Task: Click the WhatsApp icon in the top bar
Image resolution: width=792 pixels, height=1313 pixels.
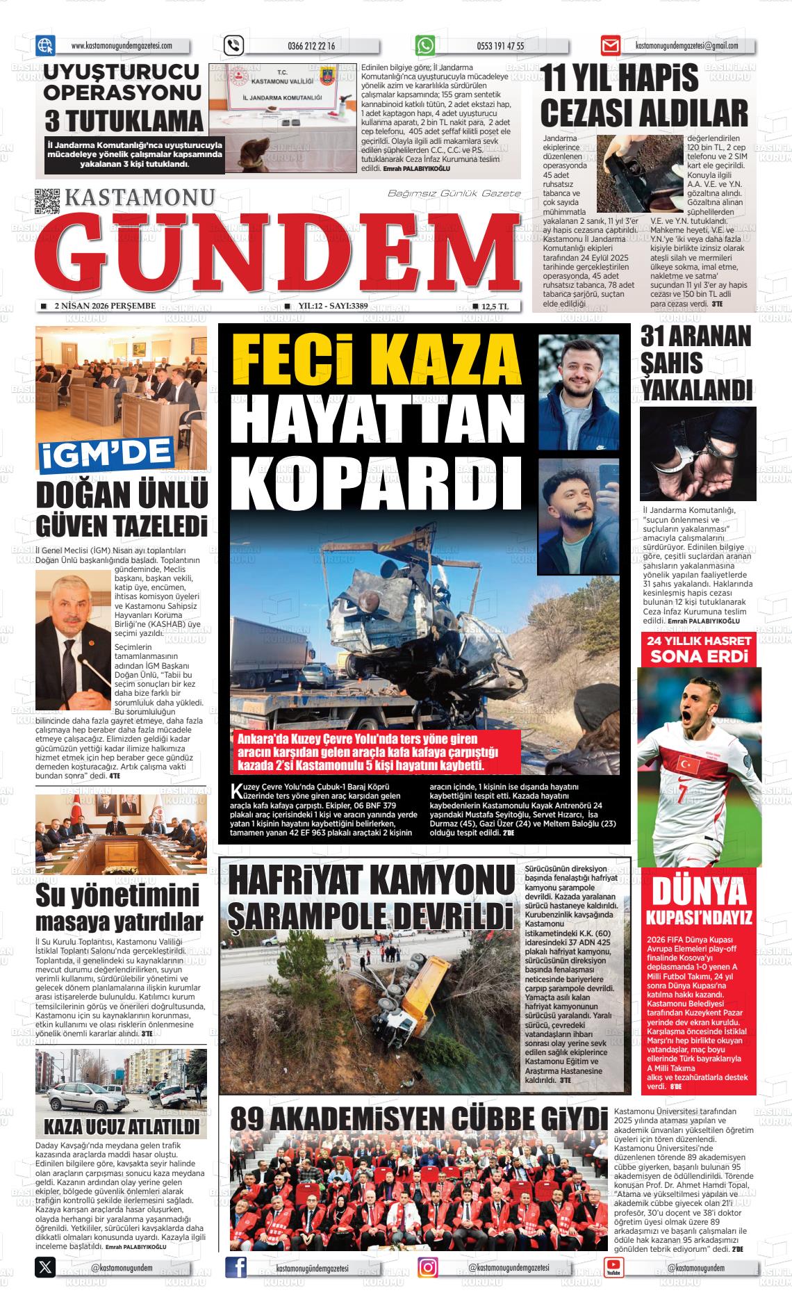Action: [425, 46]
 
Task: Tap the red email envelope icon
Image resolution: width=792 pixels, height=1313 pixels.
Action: [610, 46]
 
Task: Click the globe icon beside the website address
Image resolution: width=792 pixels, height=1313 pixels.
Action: [45, 46]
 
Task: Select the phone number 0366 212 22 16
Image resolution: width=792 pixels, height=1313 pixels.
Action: [311, 47]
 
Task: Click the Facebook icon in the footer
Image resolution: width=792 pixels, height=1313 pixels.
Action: [236, 1267]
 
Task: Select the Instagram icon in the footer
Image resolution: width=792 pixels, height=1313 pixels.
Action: [428, 1267]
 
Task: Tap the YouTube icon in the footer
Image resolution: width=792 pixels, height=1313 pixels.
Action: [613, 1267]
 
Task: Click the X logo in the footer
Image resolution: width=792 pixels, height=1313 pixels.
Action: [45, 1267]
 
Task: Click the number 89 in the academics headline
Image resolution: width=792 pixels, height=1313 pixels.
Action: [249, 1120]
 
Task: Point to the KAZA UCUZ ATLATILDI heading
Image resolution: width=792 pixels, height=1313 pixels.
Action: [121, 1125]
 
